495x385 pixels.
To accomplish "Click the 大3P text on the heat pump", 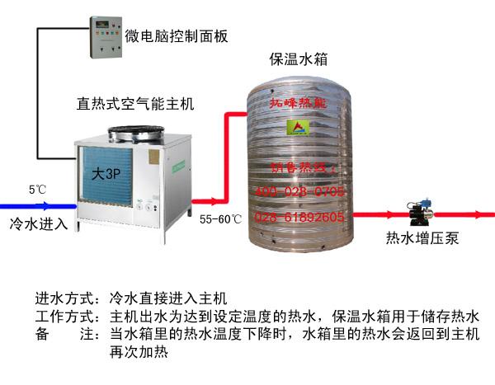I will click(x=103, y=174).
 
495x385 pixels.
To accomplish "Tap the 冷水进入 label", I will click(x=38, y=223).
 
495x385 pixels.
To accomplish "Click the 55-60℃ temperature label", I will click(x=220, y=219).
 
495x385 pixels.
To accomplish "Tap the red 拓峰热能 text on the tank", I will click(x=299, y=104).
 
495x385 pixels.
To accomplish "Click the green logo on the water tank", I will click(x=298, y=126).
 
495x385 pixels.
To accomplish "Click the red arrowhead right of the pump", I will click(x=483, y=214).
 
